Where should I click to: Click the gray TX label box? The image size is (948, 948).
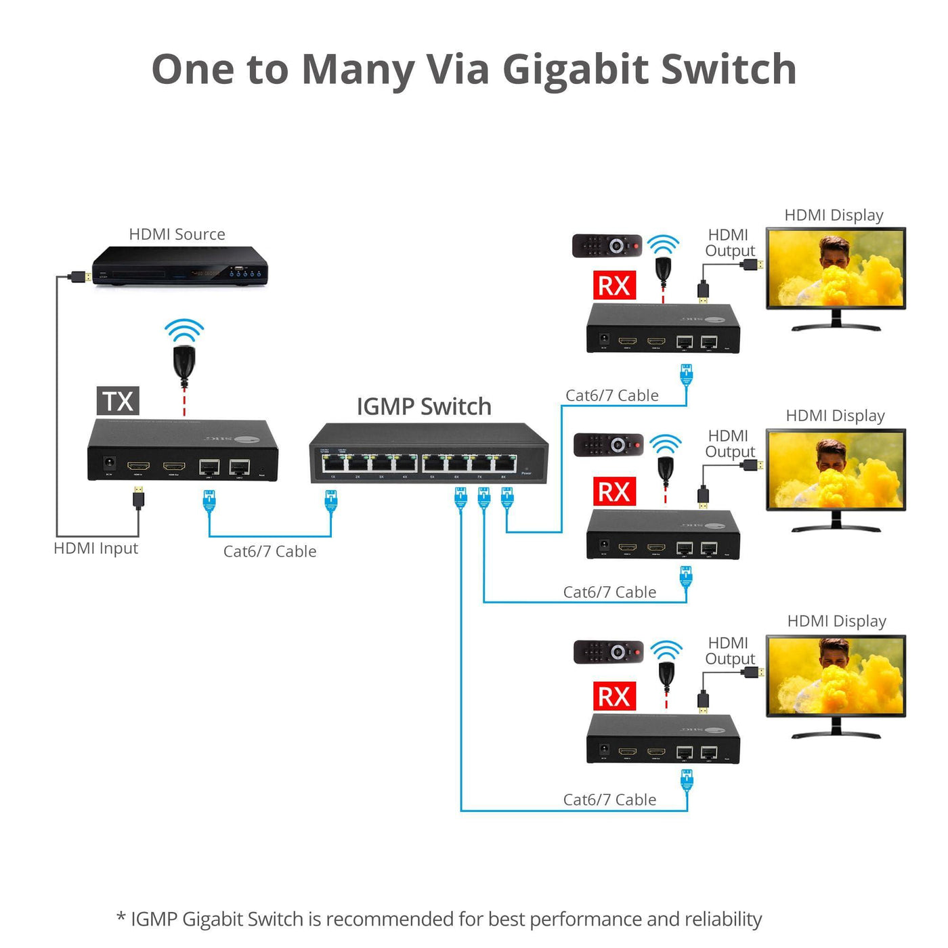tap(118, 401)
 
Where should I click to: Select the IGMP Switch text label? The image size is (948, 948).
tap(424, 406)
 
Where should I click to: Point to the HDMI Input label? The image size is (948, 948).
tap(95, 548)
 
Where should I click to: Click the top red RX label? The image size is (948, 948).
tap(614, 286)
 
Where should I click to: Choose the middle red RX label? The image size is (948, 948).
tap(614, 492)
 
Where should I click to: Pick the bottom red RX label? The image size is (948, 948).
tap(614, 696)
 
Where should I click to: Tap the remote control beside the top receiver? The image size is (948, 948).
tap(607, 245)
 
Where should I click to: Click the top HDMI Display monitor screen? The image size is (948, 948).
tap(836, 269)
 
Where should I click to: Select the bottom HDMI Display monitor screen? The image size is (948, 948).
tap(836, 676)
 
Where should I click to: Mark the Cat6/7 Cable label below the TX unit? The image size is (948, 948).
tap(270, 552)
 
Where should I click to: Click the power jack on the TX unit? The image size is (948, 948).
tap(107, 464)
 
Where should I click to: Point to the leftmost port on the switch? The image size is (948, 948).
tap(332, 464)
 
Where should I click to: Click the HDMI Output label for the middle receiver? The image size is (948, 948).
tap(729, 444)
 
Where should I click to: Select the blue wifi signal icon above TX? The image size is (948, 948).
tap(184, 330)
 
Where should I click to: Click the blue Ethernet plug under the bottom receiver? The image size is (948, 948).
tap(687, 780)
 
